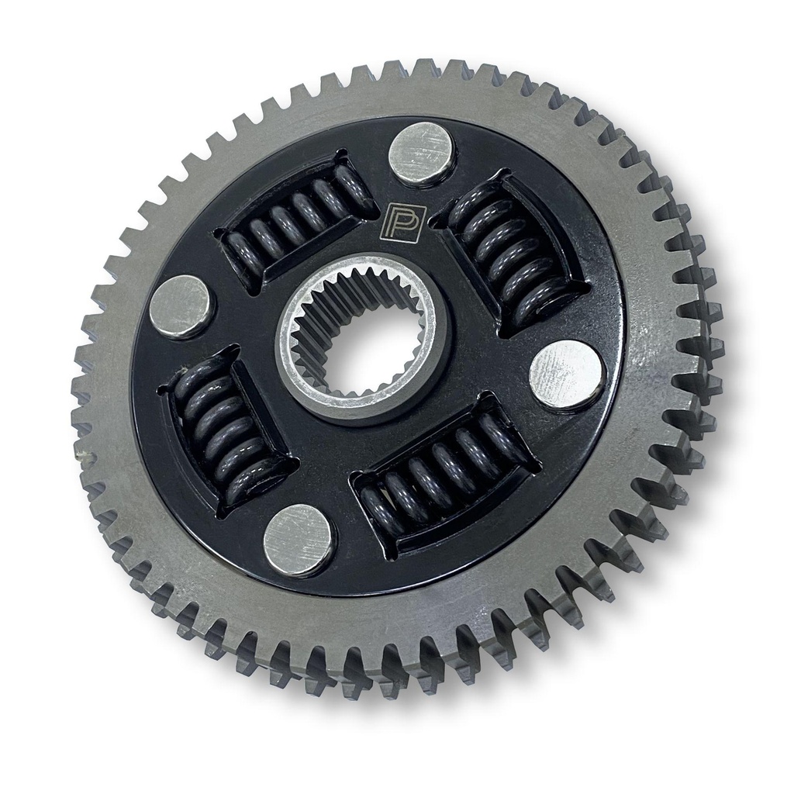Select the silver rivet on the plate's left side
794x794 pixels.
(182, 307)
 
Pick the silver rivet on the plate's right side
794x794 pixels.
(566, 375)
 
